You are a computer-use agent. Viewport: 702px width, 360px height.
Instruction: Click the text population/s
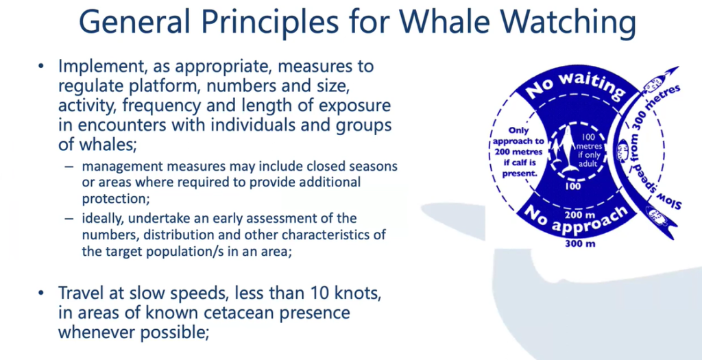point(150,252)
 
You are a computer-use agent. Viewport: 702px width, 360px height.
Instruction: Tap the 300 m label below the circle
point(580,245)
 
